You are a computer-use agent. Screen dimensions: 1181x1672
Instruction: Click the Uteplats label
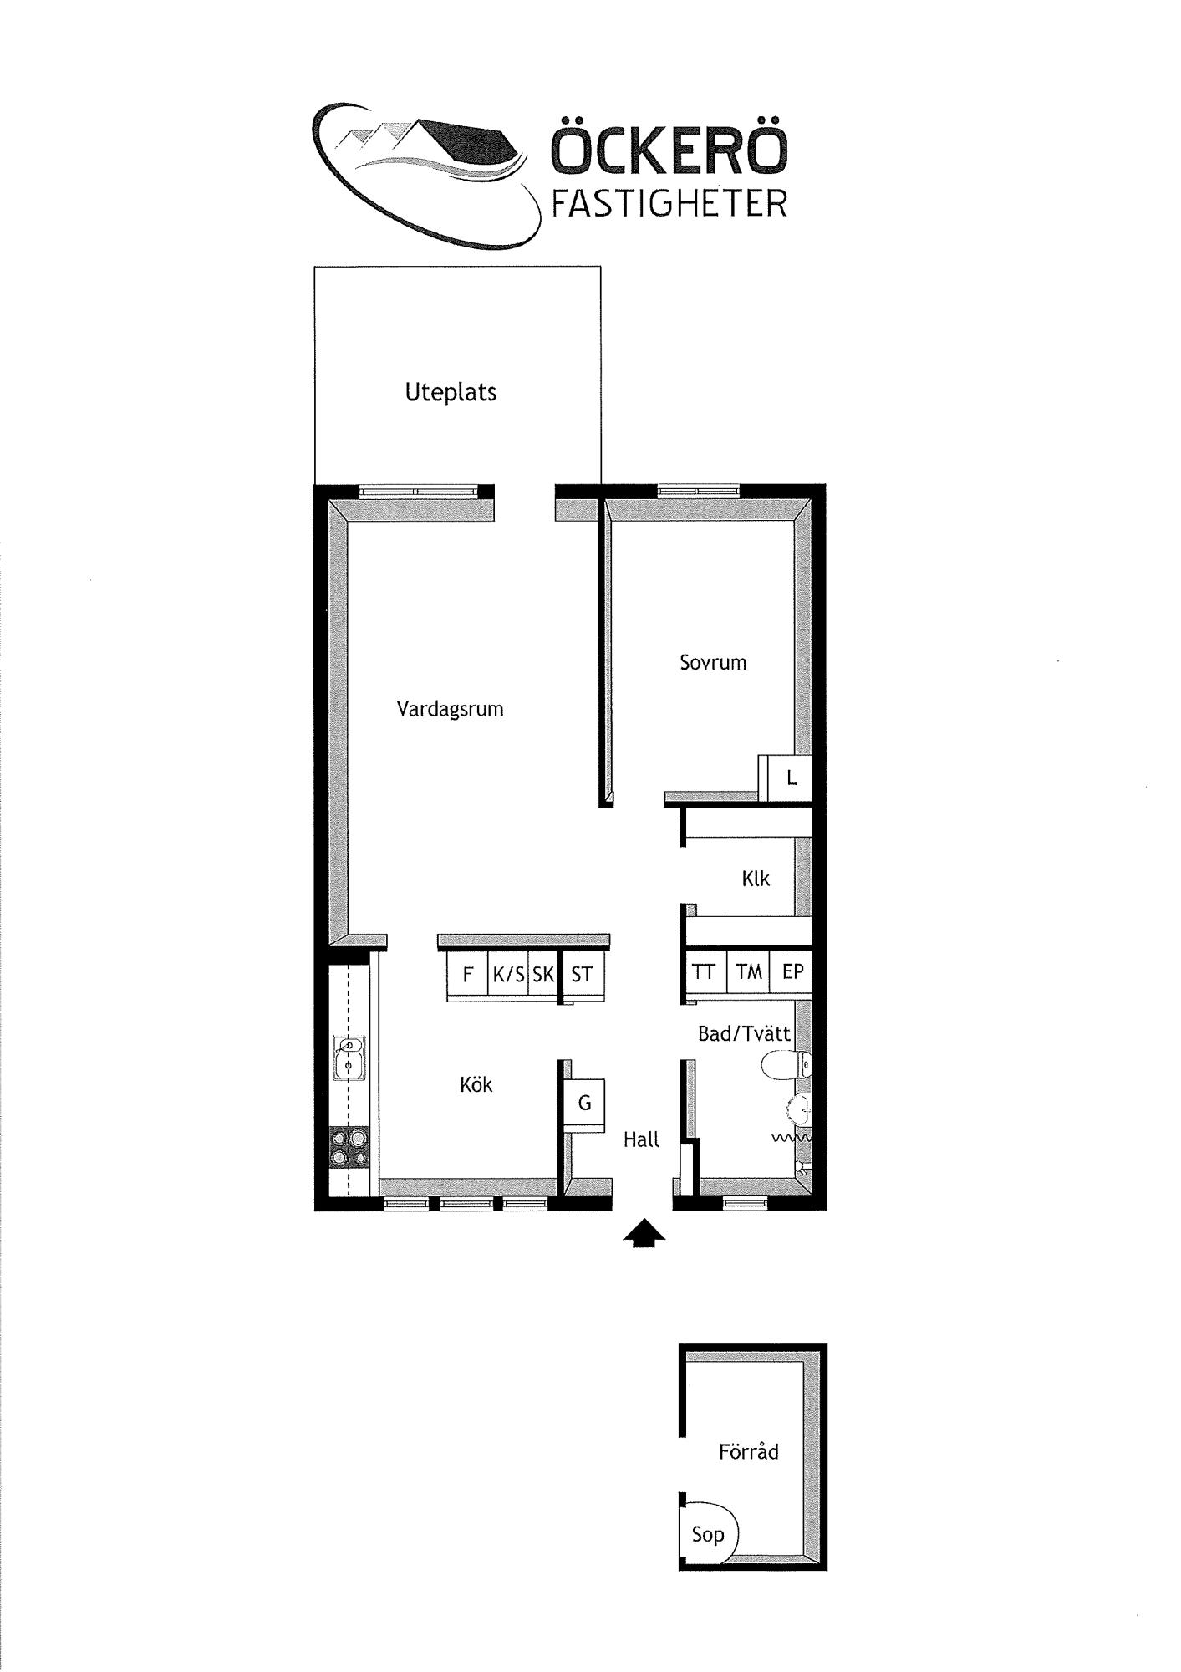pos(451,392)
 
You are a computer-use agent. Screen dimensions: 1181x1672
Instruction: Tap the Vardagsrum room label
pos(450,710)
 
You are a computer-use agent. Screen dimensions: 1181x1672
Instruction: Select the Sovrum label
pos(713,663)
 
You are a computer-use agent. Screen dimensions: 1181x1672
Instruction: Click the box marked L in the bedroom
pos(790,778)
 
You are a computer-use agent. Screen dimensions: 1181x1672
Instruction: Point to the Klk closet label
pos(756,879)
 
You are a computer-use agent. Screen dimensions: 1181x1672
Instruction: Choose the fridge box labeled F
pos(467,974)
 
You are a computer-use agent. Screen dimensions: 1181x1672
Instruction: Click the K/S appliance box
pos(508,974)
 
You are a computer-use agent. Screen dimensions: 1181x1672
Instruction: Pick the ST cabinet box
pos(583,974)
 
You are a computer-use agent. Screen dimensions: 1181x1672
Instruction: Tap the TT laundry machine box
pos(705,972)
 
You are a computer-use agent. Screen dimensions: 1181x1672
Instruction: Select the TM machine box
pos(748,972)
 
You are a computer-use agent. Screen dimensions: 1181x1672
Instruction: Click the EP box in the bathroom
pos(791,972)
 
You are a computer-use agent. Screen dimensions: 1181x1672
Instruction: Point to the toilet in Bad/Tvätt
pos(786,1065)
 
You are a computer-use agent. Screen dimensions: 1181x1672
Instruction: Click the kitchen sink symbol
pos(348,1058)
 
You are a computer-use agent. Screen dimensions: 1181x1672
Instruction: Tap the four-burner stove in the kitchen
pos(349,1147)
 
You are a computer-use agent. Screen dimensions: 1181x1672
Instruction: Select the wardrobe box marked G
pos(584,1104)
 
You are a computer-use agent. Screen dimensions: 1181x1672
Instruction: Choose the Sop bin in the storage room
pos(709,1533)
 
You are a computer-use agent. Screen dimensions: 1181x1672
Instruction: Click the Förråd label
pos(749,1451)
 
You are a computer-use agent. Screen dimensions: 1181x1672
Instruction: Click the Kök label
pos(476,1084)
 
